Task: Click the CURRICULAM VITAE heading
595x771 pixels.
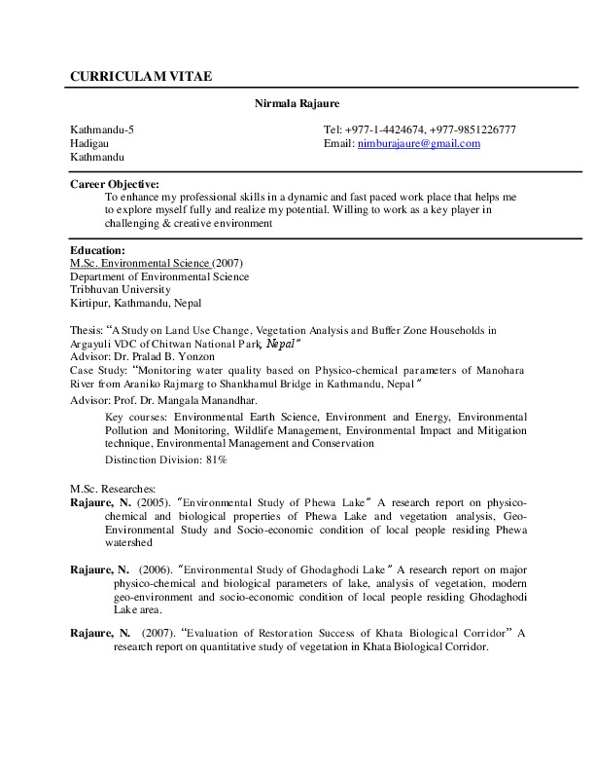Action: tap(140, 76)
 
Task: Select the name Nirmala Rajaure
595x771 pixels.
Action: tap(297, 103)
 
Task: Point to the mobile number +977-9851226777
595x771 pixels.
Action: tap(473, 129)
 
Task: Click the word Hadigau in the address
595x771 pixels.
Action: tap(88, 144)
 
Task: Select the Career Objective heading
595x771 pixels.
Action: tap(115, 183)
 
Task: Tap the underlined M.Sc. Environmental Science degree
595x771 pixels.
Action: tap(140, 263)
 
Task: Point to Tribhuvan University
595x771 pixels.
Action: tap(121, 289)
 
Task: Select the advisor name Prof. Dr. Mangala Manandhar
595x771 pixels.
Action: tap(187, 399)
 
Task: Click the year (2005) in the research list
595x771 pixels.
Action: tap(152, 502)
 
